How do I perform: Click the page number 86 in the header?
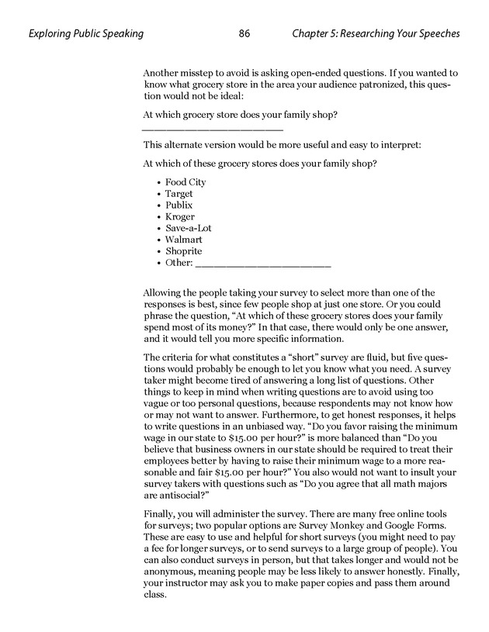pyautogui.click(x=244, y=33)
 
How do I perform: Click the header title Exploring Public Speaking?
pyautogui.click(x=85, y=33)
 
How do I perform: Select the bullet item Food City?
pyautogui.click(x=186, y=182)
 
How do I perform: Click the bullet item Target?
pyautogui.click(x=179, y=194)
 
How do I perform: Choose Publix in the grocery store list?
pyautogui.click(x=179, y=205)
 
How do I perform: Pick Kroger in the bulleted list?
pyautogui.click(x=180, y=217)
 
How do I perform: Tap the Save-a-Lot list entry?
pyautogui.click(x=188, y=229)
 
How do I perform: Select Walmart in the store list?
pyautogui.click(x=183, y=240)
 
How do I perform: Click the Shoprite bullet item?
pyautogui.click(x=183, y=251)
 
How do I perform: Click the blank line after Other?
pyautogui.click(x=264, y=265)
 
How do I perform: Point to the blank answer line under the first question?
pyautogui.click(x=213, y=128)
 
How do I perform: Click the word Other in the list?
pyautogui.click(x=178, y=263)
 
